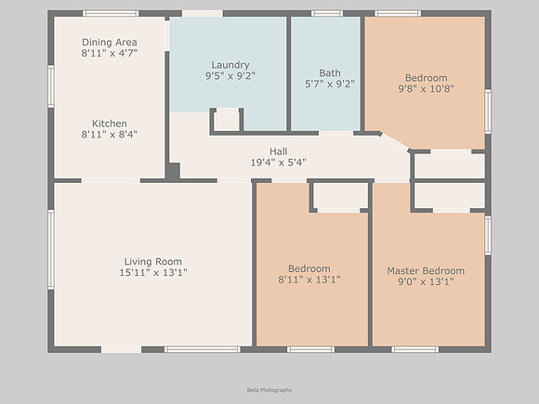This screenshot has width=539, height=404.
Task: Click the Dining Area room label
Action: pos(110,42)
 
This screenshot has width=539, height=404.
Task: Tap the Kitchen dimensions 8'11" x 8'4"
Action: pos(110,135)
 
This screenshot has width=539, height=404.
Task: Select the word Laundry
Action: pos(230,65)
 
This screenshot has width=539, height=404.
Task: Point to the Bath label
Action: pos(330,72)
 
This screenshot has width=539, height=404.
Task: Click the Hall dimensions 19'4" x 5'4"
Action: pos(278,163)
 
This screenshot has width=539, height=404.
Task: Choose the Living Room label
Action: pos(153,261)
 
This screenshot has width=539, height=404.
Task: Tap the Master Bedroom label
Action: pos(426,270)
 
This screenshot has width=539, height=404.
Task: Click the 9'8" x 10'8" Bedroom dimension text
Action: pos(426,88)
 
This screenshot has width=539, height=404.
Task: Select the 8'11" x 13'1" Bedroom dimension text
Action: pos(309,280)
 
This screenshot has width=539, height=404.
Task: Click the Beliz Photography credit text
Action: pos(269,390)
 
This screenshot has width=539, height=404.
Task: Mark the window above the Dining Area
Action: pos(111,13)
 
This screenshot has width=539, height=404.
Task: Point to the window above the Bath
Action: pos(327,13)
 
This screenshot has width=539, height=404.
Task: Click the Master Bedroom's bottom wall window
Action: pos(415,349)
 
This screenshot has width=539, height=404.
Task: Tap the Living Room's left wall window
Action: pos(51,250)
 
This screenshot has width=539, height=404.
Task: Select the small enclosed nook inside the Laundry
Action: pos(227,121)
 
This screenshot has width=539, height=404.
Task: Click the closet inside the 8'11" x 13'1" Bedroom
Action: pos(340,195)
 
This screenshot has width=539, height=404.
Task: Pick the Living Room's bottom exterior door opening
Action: pos(122,349)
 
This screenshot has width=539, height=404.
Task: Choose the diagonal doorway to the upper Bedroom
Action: pos(394,141)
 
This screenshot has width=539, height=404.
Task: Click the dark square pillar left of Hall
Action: pos(173,171)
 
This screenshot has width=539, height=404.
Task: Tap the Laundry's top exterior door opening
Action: pos(203,13)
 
